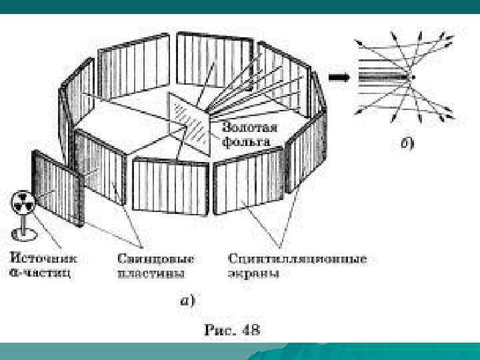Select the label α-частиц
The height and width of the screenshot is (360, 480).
[41, 272]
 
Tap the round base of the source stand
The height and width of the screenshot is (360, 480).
[22, 233]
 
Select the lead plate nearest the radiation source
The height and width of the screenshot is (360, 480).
[59, 188]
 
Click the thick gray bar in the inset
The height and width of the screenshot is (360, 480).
[384, 77]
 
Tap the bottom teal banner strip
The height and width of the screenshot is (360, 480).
[240, 351]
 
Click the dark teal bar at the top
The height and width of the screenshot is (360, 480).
[240, 7]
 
